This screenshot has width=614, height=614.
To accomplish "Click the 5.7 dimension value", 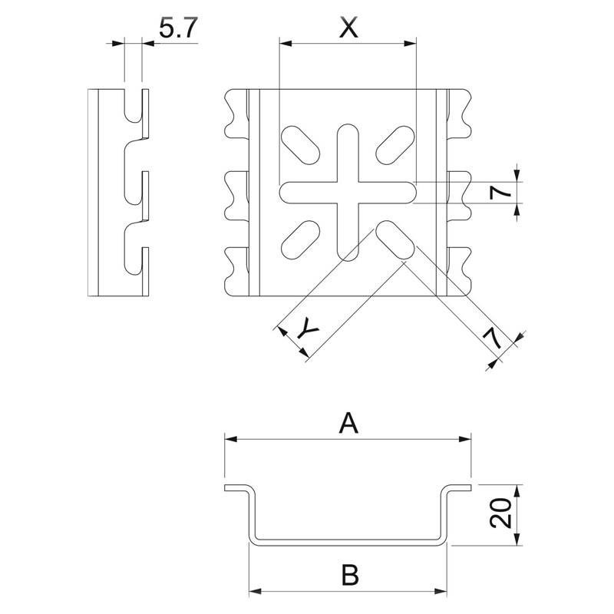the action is [178, 28].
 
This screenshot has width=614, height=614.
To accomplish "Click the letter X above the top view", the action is [348, 28].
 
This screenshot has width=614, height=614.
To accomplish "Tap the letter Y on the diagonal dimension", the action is [308, 329].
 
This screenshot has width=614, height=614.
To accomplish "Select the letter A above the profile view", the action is [348, 423].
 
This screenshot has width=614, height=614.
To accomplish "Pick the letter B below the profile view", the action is [350, 574].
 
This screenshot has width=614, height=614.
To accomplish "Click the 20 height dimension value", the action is [501, 513].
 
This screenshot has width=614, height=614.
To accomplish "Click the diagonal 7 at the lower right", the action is [493, 338].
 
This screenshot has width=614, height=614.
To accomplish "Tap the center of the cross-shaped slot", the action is [348, 193].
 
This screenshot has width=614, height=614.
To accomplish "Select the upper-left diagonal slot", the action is [301, 145].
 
